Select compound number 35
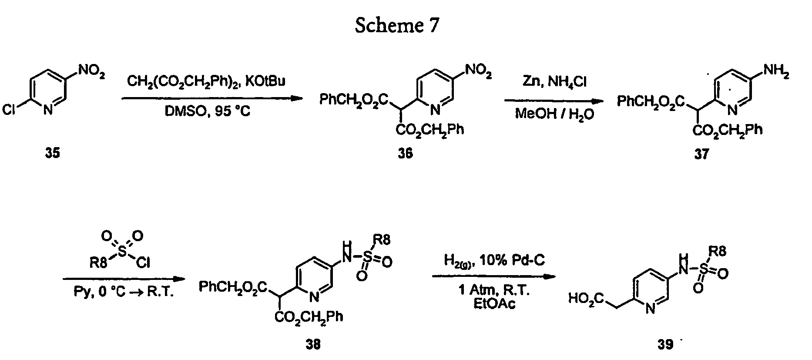click(53, 153)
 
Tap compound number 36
click(405, 154)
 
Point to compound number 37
click(701, 154)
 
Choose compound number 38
click(313, 344)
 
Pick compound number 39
click(665, 344)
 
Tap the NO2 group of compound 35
click(91, 72)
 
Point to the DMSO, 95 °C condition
click(208, 112)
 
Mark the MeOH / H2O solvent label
click(554, 114)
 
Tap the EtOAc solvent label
click(494, 303)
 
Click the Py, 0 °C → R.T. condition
click(123, 292)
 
